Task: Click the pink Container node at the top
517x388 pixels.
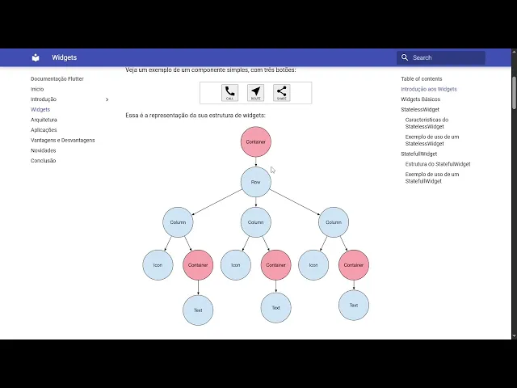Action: coord(255,142)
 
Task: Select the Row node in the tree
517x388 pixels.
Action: coord(255,182)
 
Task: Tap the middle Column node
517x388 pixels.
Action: coord(255,222)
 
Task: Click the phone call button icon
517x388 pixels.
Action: coord(230,93)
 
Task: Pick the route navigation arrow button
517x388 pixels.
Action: coord(255,93)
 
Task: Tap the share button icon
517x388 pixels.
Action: coord(281,93)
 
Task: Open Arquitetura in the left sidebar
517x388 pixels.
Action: coord(44,120)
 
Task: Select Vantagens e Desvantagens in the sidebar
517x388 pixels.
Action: coord(62,140)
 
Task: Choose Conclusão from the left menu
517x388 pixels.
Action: coord(43,161)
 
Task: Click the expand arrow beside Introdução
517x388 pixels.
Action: coord(107,99)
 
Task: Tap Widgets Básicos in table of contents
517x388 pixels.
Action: coord(420,99)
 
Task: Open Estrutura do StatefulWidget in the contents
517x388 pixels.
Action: coord(438,164)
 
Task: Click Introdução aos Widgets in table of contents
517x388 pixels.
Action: coord(428,89)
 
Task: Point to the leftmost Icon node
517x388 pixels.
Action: coord(158,265)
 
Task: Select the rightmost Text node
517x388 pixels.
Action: coord(353,306)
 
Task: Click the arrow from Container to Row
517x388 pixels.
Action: coord(255,162)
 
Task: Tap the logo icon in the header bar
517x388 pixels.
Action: coord(36,57)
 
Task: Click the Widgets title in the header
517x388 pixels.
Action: coord(65,57)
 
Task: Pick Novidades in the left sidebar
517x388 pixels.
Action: coord(43,150)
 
